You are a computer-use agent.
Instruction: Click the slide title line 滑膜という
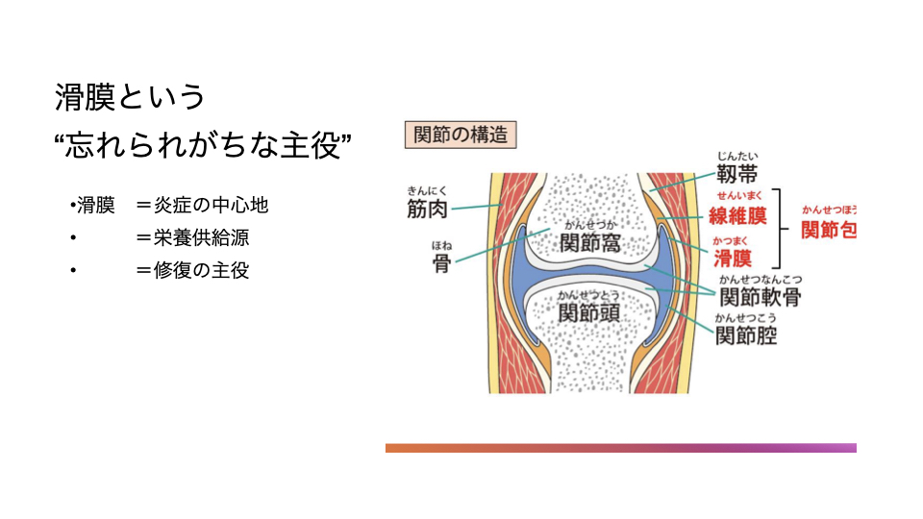130,97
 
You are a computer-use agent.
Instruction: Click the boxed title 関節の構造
460,135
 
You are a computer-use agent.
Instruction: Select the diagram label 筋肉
427,209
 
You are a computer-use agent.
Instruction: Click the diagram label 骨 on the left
441,263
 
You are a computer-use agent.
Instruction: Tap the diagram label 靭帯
737,174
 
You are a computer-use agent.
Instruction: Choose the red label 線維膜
737,215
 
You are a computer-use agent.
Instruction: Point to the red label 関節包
828,231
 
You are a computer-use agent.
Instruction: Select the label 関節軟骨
760,296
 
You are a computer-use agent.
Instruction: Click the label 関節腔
746,335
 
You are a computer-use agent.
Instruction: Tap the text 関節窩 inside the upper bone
589,243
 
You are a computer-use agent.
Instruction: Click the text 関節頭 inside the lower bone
589,313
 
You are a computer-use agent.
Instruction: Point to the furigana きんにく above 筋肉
428,190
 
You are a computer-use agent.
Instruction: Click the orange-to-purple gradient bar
620,448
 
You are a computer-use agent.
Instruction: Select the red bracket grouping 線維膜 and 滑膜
785,228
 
